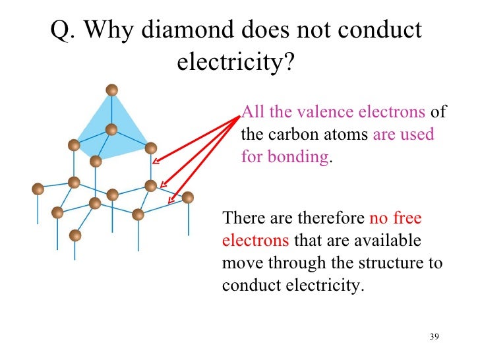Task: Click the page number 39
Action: [x=434, y=337]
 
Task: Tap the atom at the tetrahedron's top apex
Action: [x=112, y=90]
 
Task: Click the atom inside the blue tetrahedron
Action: [x=111, y=129]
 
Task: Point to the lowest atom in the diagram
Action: [x=75, y=235]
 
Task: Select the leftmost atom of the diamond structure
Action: [x=38, y=189]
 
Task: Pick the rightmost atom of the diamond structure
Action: [x=188, y=196]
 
